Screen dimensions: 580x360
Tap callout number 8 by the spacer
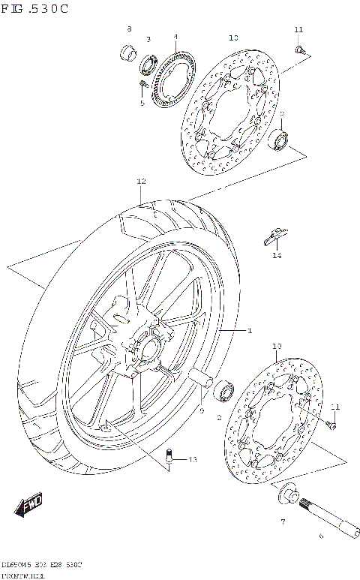(x=128, y=29)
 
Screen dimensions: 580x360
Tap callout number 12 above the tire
(x=140, y=182)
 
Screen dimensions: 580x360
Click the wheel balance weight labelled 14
(x=274, y=236)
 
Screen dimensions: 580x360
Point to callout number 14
(x=276, y=256)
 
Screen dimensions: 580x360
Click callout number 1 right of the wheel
(x=250, y=331)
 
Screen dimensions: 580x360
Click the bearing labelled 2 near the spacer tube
(x=225, y=391)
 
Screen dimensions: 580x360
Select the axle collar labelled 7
(x=286, y=494)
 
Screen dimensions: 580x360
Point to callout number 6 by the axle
(x=320, y=536)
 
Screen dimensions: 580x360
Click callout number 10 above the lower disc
(x=276, y=346)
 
